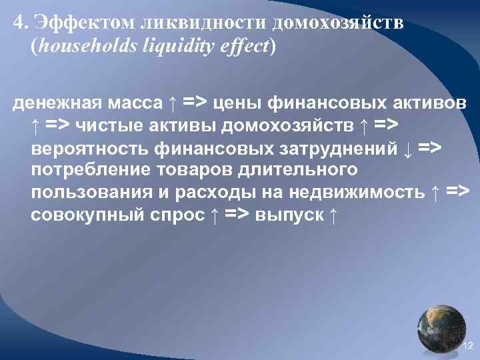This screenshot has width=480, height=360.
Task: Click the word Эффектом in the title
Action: point(83,23)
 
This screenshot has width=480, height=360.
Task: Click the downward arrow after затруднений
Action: point(408,148)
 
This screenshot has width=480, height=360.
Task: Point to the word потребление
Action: point(88,171)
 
